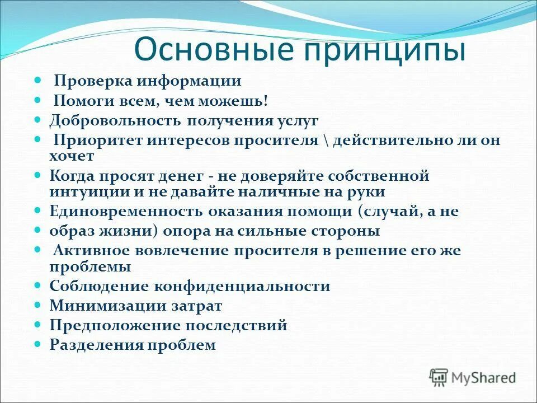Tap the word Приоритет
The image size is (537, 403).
[98, 140]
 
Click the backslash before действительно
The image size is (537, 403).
[326, 140]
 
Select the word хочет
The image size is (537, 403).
[72, 156]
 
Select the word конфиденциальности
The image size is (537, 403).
[248, 287]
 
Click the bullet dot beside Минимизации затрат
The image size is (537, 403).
[38, 306]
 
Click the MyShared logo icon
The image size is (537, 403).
[439, 377]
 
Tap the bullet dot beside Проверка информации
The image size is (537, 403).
[38, 81]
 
